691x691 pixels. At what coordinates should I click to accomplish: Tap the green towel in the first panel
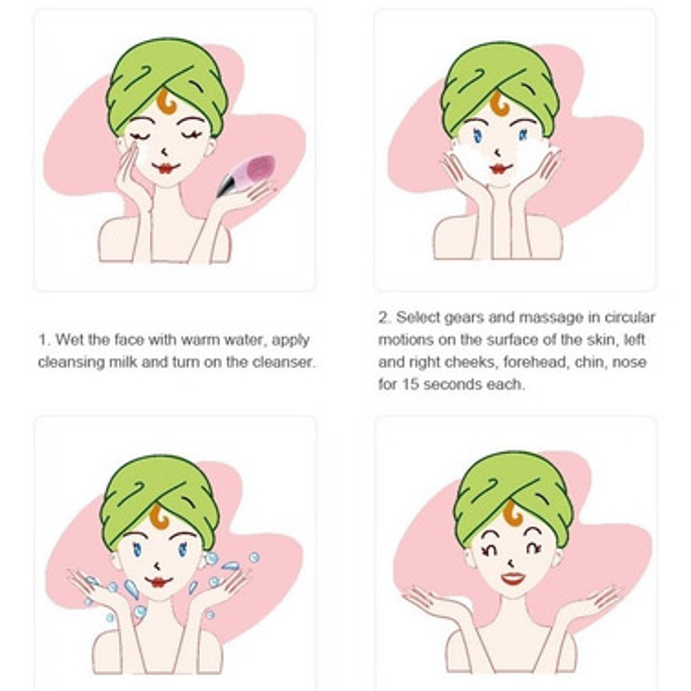pos(167,79)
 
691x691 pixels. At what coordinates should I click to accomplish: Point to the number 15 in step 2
pos(410,384)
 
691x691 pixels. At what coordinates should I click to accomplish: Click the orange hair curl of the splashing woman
pos(159,518)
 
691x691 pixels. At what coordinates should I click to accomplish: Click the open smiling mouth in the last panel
pos(513,578)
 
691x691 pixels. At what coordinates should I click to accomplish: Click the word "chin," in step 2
pos(590,362)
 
